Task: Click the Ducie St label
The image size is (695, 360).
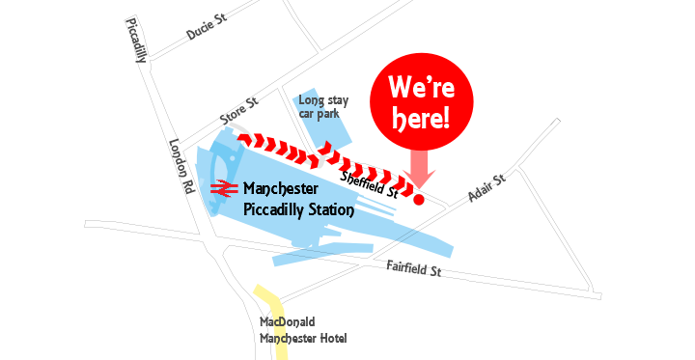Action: (207, 26)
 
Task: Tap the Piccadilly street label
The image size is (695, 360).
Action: (136, 41)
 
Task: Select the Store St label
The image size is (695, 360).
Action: (239, 111)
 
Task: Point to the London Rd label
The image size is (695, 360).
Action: (181, 166)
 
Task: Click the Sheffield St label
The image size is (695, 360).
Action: (369, 185)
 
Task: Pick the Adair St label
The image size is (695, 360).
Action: (486, 187)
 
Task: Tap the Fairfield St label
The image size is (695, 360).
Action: (414, 268)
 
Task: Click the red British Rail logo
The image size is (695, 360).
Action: (224, 188)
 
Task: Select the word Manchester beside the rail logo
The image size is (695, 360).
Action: (281, 188)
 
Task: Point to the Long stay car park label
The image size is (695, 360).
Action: (323, 107)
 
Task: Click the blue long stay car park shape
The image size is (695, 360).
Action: (322, 121)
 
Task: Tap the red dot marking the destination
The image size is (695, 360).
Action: (418, 200)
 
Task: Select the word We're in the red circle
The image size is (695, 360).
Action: (422, 87)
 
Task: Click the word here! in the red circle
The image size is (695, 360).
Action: (421, 119)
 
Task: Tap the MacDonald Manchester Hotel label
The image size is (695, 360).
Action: (303, 330)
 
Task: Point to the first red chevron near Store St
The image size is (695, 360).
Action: (245, 138)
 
